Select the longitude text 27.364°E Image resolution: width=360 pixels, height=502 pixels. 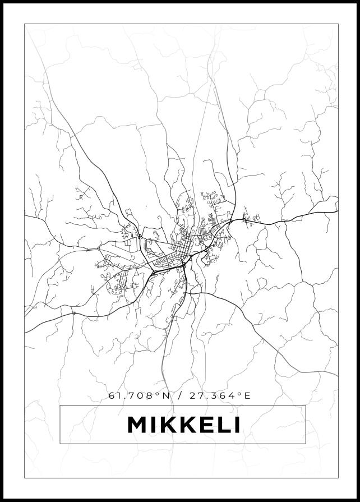pos(220,396)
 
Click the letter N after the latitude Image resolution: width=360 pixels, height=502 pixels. pos(165,396)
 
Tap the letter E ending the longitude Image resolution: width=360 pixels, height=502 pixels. pos(248,396)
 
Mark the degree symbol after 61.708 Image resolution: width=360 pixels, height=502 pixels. pos(159,394)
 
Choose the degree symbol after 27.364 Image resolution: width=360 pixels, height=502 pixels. pos(241,394)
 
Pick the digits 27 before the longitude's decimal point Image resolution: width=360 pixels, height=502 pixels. pos(196,396)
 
